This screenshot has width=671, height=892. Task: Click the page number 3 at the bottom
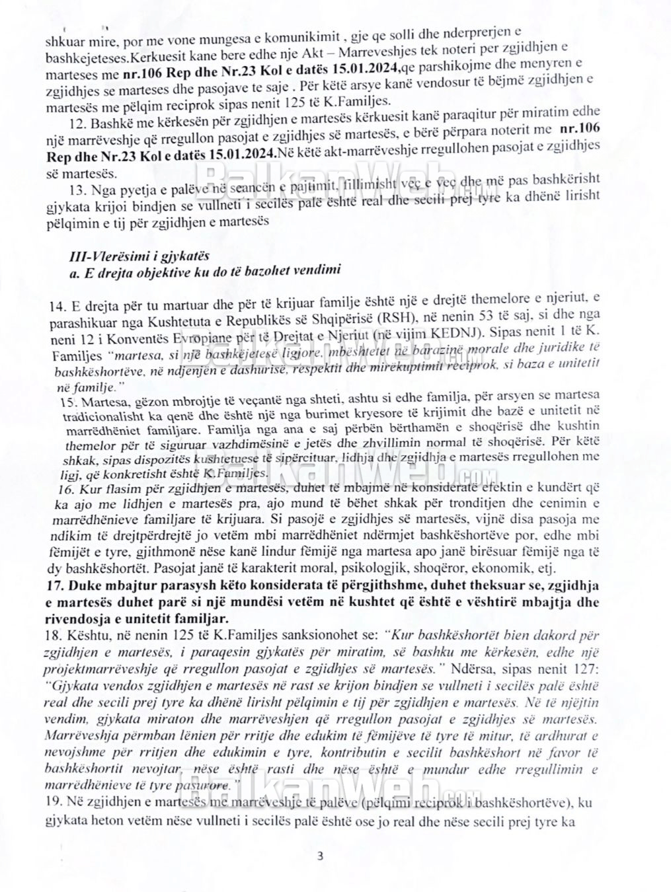(x=321, y=857)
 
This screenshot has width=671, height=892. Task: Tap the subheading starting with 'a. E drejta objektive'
(x=205, y=270)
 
